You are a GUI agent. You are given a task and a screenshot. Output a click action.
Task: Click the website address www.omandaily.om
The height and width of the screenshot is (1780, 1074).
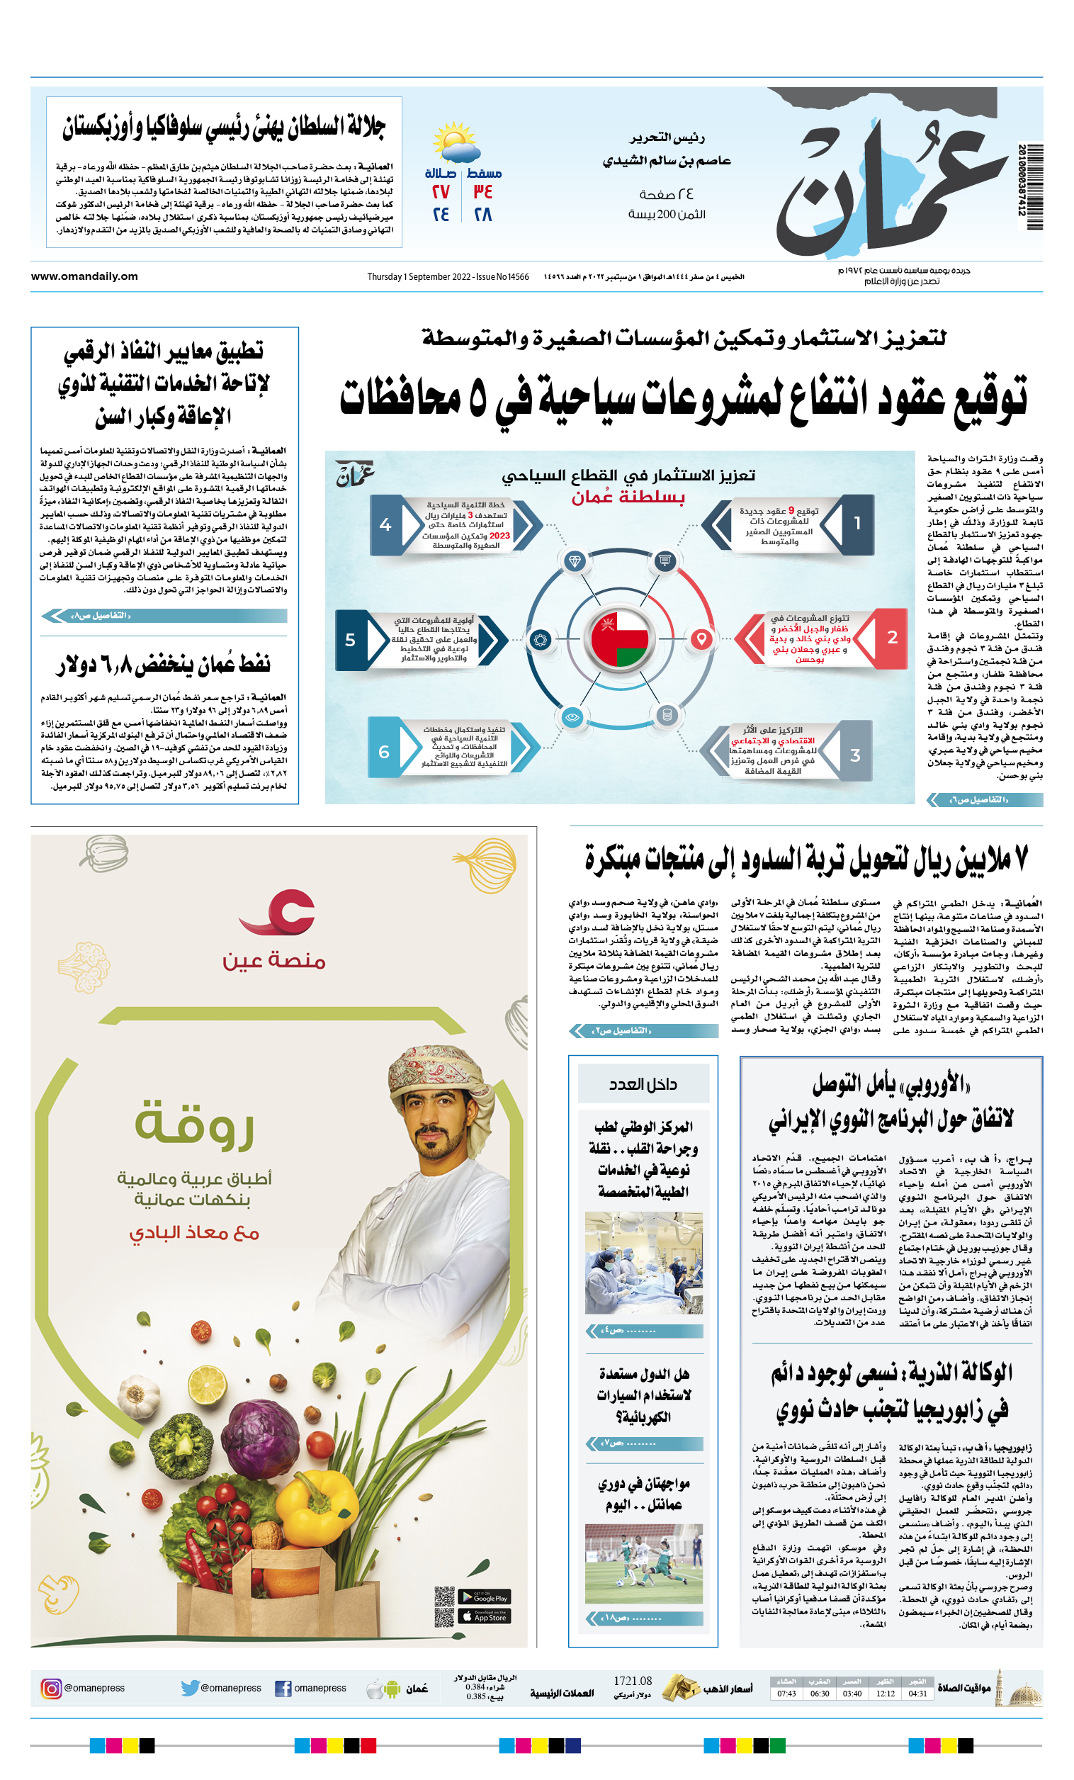[x=84, y=276]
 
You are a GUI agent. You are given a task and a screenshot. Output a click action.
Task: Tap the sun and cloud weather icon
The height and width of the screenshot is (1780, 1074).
[x=455, y=142]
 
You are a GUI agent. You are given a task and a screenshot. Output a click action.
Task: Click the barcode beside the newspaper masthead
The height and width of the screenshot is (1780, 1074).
[x=1034, y=187]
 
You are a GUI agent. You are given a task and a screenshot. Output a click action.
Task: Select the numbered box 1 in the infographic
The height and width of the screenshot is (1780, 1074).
[x=857, y=524]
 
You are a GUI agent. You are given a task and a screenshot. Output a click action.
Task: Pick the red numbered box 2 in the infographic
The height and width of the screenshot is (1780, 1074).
[x=893, y=637]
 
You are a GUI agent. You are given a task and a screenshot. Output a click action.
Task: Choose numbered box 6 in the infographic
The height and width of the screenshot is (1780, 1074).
[x=384, y=752]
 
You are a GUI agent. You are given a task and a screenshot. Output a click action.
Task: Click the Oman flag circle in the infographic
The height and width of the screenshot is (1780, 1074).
[x=620, y=638]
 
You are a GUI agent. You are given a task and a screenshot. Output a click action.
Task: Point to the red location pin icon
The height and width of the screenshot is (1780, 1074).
[x=701, y=638]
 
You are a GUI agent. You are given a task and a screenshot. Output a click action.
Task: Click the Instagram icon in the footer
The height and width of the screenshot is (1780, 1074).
[x=51, y=1689]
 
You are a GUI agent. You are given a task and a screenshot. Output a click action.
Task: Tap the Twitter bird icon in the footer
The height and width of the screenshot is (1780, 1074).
[x=190, y=1689]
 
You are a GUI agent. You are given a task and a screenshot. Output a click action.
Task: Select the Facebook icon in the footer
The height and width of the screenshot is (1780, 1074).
[x=283, y=1689]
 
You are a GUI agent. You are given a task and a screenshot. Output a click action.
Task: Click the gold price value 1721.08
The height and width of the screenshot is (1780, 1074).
[x=632, y=1681]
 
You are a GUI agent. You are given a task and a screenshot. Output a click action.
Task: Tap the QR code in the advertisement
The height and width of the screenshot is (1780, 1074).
[x=444, y=1606]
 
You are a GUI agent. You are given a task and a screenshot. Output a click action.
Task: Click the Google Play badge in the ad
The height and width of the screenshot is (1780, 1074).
[x=492, y=1597]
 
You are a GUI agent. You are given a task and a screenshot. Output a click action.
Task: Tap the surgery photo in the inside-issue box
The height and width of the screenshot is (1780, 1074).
[x=643, y=1263]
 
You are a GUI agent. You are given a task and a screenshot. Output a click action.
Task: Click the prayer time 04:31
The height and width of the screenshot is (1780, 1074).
[x=918, y=1694]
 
